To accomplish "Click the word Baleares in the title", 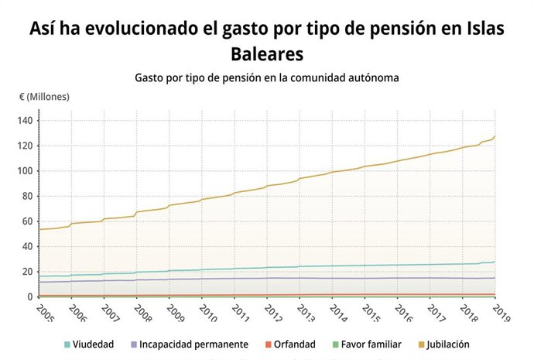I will (266, 53).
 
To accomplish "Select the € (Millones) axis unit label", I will (45, 97).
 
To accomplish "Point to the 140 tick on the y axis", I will (25, 121).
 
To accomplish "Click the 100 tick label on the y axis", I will (25, 171).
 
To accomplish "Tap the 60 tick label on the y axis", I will (27, 221).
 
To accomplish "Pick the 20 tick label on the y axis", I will (27, 272).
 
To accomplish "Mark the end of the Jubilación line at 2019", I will (495, 137).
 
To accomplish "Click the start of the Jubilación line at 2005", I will (39, 229).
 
